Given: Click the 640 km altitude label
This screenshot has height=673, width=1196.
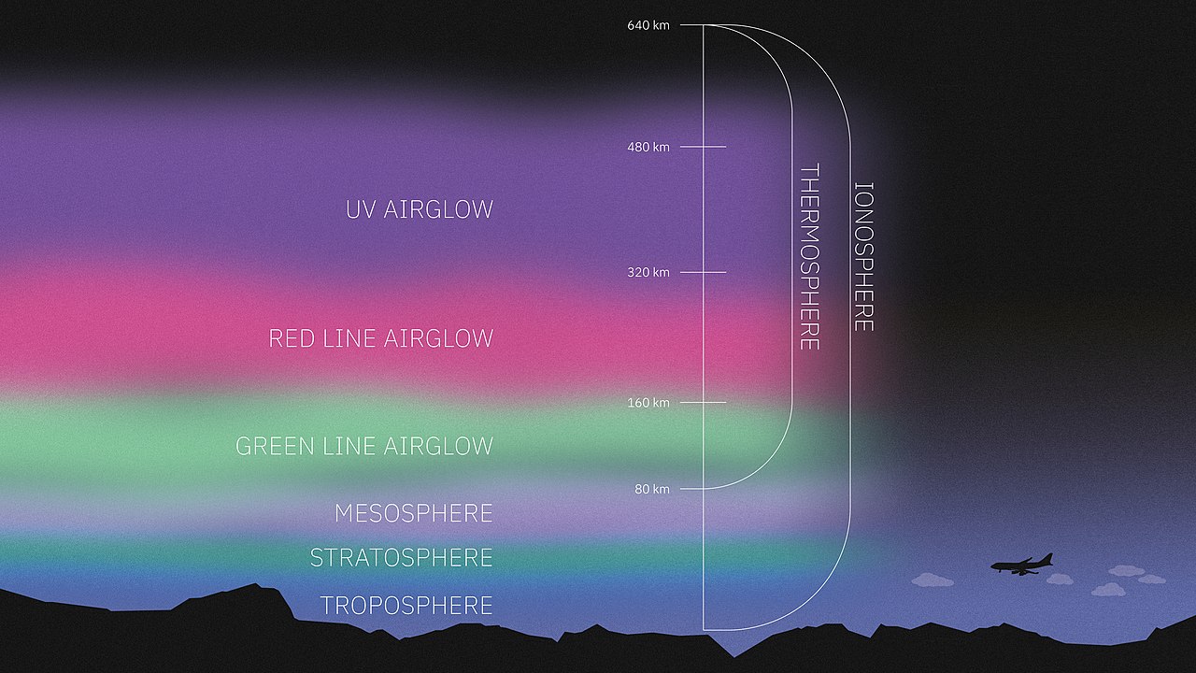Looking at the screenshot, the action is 648,25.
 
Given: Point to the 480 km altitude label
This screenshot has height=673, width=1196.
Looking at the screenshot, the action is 648,147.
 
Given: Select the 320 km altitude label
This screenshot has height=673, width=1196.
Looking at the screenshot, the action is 648,272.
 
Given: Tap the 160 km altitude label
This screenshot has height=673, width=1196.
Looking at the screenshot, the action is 648,403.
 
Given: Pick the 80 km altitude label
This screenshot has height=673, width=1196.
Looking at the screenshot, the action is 652,489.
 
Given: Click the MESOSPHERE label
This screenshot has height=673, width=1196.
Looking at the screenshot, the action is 413,513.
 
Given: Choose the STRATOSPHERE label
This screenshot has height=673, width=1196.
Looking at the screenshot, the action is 401,558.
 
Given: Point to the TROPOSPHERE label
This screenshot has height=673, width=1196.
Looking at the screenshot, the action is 406,606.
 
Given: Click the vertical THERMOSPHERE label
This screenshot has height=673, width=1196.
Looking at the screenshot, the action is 809,257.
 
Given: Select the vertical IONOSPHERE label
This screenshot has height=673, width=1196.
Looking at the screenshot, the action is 864,257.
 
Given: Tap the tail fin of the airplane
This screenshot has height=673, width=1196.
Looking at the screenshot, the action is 1047,559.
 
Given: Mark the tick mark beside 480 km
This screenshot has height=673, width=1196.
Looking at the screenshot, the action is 704,147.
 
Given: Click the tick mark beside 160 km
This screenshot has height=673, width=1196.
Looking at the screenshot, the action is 704,402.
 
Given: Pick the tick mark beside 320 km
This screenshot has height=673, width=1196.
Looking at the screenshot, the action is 704,272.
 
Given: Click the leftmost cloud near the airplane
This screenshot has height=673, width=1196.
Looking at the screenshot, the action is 933,580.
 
